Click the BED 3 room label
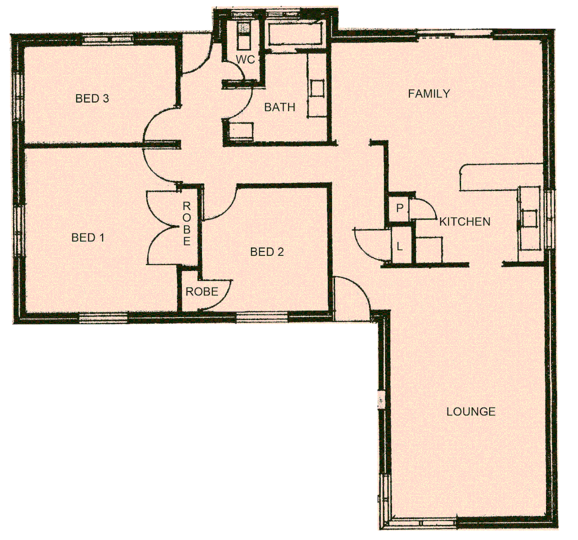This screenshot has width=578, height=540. coord(92,98)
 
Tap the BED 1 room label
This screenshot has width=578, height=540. coord(88,237)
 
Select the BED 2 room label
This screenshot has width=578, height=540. coord(266,252)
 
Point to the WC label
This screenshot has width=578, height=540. coord(245,60)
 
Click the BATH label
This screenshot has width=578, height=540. coord(279,107)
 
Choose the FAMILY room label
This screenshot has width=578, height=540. coord(429,93)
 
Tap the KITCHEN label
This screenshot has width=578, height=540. coord(464,221)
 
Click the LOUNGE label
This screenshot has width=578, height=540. coord(470,411)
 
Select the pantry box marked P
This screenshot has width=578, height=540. coord(399,208)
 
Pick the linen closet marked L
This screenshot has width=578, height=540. coord(399,246)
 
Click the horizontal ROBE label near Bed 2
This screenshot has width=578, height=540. coord(202,291)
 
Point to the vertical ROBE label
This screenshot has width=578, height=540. coord(186,223)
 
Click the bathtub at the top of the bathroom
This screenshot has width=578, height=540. coord(296,34)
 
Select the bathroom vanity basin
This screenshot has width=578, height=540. coord(317,89)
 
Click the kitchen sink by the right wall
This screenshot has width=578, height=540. coord(528,218)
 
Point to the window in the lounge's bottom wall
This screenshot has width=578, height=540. coord(423,522)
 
